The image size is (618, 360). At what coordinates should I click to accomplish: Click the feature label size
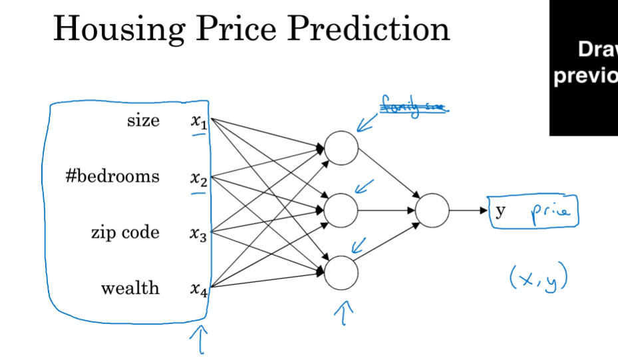click(143, 120)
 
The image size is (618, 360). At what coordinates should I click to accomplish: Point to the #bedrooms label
click(112, 176)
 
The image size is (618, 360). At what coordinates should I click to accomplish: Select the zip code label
click(125, 232)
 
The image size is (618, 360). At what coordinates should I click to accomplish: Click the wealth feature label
click(130, 288)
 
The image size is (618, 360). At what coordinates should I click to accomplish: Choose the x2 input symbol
click(198, 178)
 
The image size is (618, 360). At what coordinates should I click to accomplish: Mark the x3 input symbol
click(198, 234)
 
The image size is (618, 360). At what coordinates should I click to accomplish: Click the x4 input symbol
click(198, 289)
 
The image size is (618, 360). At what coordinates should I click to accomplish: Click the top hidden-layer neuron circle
click(341, 148)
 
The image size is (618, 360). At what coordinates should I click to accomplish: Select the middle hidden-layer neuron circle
click(341, 210)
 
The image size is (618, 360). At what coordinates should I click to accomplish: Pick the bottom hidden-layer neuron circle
click(341, 273)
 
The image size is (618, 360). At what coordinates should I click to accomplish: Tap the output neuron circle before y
click(432, 210)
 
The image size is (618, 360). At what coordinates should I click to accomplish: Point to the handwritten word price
click(549, 212)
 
